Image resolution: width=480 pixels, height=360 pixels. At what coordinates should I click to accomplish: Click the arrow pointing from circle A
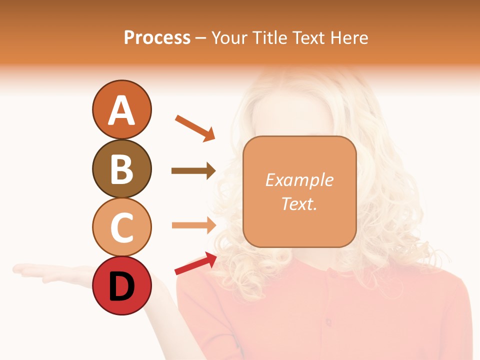point(194,127)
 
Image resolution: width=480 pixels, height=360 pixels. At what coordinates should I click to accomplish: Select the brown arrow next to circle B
point(193,171)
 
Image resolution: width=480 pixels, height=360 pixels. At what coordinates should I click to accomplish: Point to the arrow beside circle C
point(193,225)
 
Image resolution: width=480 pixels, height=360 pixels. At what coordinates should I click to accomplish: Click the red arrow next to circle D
point(195,263)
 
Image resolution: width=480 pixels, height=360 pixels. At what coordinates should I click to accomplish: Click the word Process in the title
point(157,37)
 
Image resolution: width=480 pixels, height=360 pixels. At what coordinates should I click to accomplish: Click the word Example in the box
point(299,180)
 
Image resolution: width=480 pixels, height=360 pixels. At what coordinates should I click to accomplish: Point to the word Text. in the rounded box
point(299,203)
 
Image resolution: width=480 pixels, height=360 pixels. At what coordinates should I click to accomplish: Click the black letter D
point(121,287)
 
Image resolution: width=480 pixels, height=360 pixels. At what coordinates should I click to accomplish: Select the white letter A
point(121,110)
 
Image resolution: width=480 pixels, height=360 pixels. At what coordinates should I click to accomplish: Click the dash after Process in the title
point(200,38)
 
